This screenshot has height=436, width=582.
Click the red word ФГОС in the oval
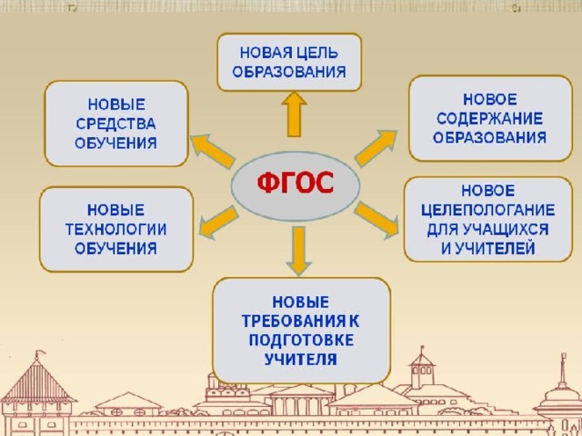coord(296,183)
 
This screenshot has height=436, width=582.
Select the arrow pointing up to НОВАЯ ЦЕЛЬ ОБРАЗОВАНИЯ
coord(294,114)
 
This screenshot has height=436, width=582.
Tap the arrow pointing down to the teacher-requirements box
coord(299,251)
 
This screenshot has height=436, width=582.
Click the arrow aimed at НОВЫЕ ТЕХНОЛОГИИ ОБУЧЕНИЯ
coord(218,222)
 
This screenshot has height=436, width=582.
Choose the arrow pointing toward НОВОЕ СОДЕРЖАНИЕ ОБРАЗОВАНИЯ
coord(376,148)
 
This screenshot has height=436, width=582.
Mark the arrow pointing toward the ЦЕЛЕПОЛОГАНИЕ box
coord(376,220)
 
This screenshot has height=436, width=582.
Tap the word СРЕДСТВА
coord(115,124)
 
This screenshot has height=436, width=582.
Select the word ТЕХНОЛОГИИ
coord(115,230)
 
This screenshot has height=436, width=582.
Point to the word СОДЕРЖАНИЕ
coord(489,119)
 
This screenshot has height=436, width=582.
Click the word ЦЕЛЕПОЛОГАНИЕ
coord(488,210)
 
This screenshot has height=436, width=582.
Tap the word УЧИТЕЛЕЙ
coord(495,248)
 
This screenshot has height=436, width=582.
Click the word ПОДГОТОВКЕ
coord(301,341)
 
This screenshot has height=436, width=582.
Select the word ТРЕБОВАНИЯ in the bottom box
coord(294,321)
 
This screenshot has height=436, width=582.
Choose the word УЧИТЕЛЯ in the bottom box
coord(301,360)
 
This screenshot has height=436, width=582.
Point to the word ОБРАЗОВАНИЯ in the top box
coord(289,72)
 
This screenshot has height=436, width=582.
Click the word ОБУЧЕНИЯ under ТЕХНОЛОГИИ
coord(115,248)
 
